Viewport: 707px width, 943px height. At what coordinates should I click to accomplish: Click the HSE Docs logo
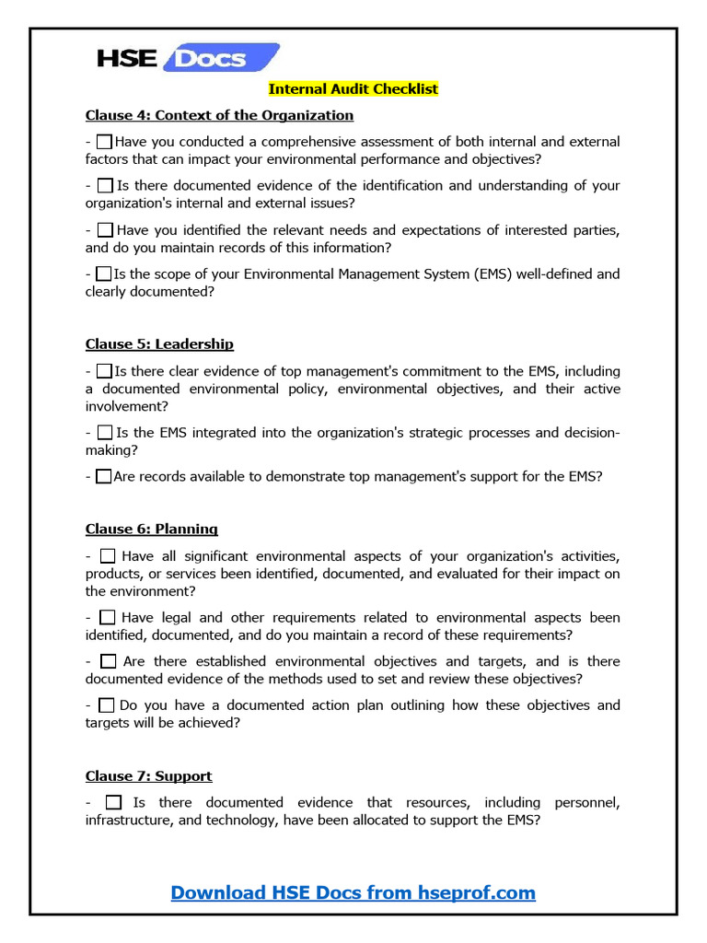(x=188, y=59)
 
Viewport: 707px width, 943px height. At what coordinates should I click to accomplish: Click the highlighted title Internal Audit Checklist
(x=353, y=89)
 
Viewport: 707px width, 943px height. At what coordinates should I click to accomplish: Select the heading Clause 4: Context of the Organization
(x=219, y=115)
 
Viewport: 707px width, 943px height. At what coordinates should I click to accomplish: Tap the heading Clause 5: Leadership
(x=159, y=344)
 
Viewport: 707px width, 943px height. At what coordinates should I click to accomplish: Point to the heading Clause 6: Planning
(x=152, y=530)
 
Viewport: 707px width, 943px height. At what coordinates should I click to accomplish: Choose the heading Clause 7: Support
(x=148, y=776)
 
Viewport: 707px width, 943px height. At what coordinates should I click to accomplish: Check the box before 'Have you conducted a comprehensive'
(x=104, y=142)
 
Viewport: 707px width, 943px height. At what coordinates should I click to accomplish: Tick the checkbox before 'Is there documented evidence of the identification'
(x=105, y=186)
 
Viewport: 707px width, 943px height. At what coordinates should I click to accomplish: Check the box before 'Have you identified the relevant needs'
(x=105, y=229)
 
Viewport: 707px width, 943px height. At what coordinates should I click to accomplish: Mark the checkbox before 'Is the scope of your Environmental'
(x=104, y=274)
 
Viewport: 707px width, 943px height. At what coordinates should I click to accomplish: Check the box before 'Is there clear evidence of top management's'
(x=104, y=371)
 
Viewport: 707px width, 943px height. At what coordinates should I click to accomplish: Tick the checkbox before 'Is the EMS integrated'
(x=105, y=433)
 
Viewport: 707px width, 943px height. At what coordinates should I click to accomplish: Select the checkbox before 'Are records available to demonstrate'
(x=104, y=477)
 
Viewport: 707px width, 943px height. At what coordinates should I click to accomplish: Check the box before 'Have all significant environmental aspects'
(x=107, y=556)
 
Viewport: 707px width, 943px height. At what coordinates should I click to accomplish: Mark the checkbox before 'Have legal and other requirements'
(x=107, y=618)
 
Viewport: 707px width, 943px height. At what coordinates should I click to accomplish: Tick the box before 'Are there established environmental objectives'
(x=108, y=661)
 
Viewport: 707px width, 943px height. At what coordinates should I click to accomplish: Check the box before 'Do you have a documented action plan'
(x=106, y=705)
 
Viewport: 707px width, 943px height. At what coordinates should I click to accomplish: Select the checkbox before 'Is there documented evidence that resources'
(x=113, y=803)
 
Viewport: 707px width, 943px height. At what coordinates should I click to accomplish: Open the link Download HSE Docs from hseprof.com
(x=353, y=892)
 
